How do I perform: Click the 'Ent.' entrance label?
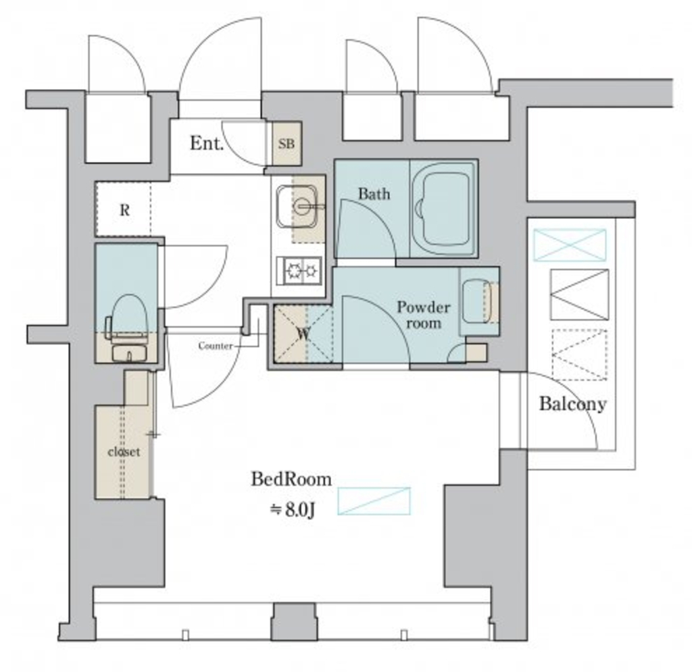[207, 143]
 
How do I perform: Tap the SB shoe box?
[287, 144]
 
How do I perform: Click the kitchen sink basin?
[297, 206]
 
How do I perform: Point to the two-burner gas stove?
[299, 270]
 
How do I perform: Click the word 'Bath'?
[374, 194]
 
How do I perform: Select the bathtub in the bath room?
[443, 208]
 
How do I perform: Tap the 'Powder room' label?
[424, 315]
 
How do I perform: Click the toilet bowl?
[128, 315]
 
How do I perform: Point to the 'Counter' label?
[216, 346]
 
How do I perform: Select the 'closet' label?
[124, 452]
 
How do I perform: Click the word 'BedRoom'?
[291, 479]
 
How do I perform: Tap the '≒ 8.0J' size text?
[292, 509]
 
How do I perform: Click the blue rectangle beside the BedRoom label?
[374, 501]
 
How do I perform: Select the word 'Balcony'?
[572, 403]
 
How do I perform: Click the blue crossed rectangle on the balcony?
[570, 244]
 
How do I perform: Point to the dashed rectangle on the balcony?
[579, 355]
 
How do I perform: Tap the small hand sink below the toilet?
[128, 354]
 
